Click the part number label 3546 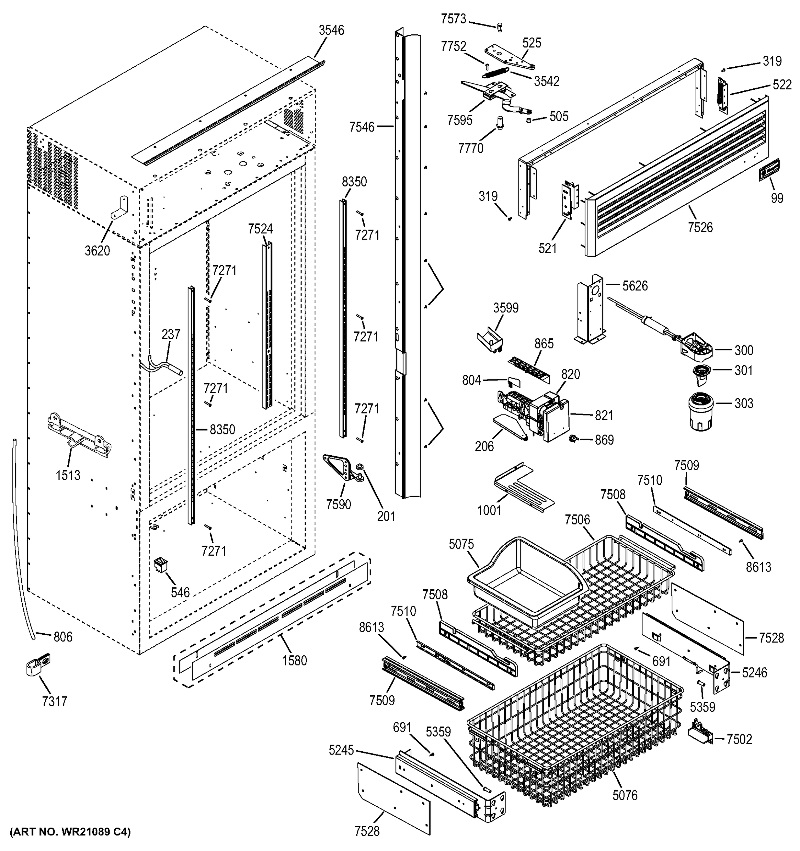pos(331,30)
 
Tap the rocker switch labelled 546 pos(161,564)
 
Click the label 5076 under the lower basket pos(624,795)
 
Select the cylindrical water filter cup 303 pos(700,413)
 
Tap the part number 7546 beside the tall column pos(361,127)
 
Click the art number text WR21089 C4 pos(70,832)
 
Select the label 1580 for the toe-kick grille pos(294,661)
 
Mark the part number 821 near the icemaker pos(604,415)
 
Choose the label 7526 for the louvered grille pos(700,227)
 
